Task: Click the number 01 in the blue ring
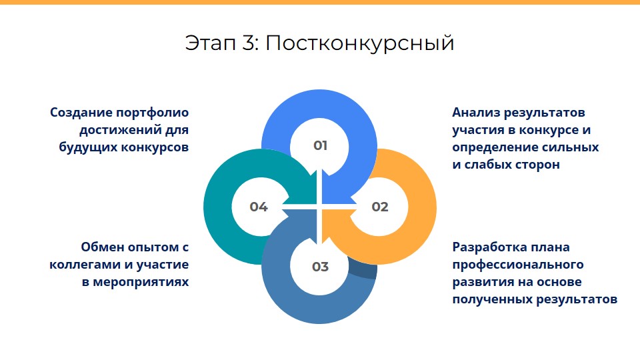pyautogui.click(x=321, y=145)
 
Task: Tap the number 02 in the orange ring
pyautogui.click(x=380, y=207)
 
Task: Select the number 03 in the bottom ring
pyautogui.click(x=321, y=267)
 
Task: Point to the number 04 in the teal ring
pyautogui.click(x=259, y=207)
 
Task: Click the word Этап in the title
pyautogui.click(x=211, y=43)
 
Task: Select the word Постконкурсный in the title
pyautogui.click(x=360, y=43)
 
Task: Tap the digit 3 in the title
pyautogui.click(x=249, y=43)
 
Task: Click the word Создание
pyautogui.click(x=81, y=112)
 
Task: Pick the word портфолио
pyautogui.click(x=153, y=113)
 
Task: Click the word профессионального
pyautogui.click(x=518, y=265)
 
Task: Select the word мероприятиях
pyautogui.click(x=141, y=283)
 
